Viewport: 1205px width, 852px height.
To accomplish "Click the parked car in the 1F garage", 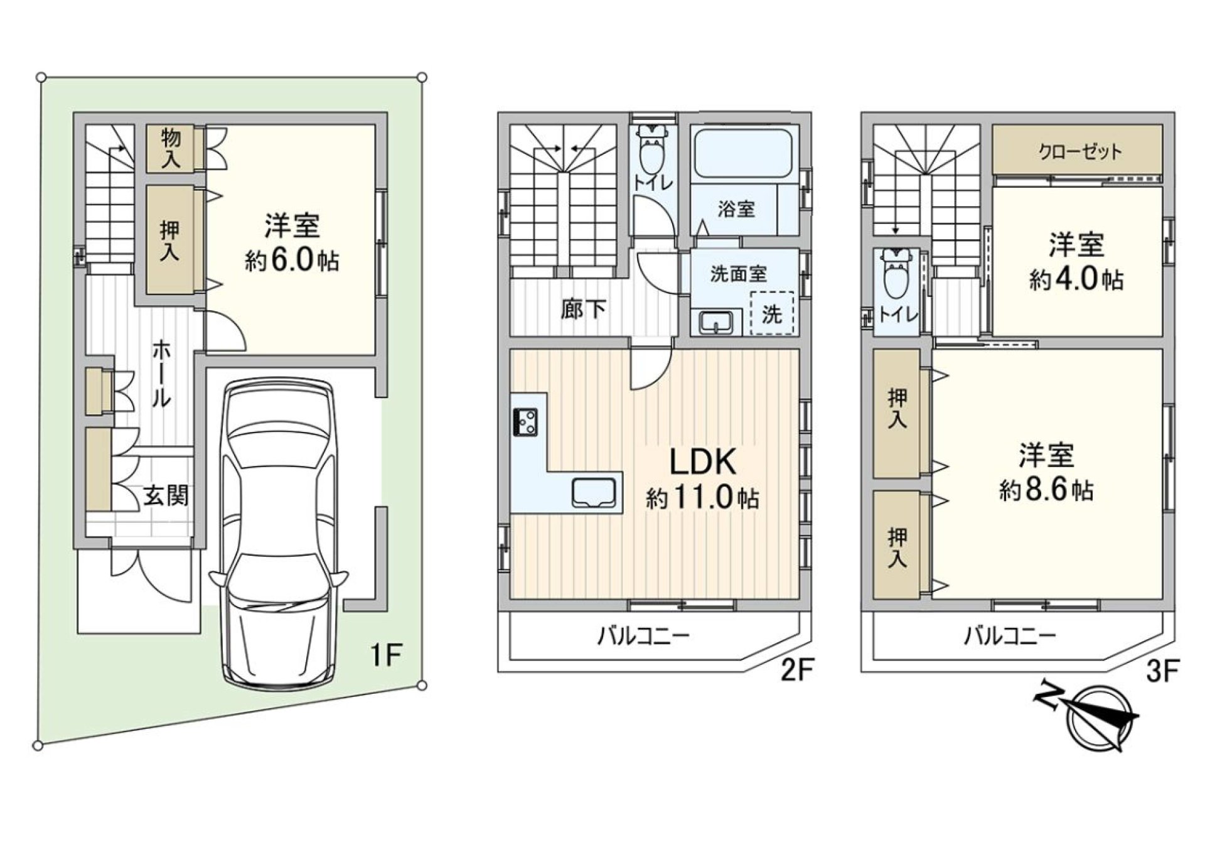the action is point(279,534).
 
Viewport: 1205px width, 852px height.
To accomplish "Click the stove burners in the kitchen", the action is point(525,421).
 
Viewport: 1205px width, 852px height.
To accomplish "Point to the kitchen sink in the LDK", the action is point(594,492).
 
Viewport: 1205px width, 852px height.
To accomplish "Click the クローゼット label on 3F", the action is point(1079,151).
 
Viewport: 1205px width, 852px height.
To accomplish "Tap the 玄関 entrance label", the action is point(167,496).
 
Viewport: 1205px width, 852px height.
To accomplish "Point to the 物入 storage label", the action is point(171,148).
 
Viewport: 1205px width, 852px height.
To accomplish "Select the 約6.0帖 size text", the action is point(292,261).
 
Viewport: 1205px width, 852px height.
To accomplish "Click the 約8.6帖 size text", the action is point(1046,490).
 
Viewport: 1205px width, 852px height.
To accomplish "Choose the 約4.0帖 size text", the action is point(1076,279).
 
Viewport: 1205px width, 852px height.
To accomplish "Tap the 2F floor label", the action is point(797,672).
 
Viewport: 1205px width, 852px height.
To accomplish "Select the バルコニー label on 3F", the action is point(1010,637).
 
